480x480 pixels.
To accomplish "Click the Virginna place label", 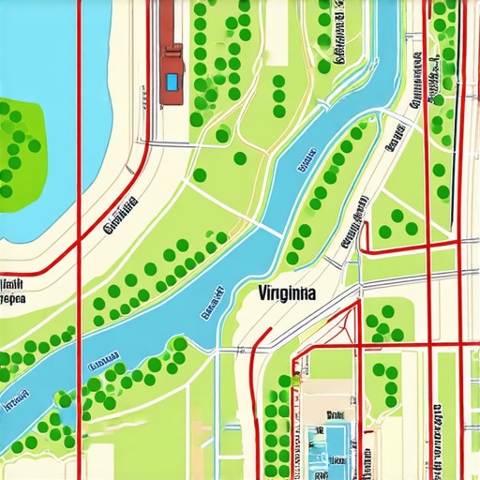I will tap(286, 293).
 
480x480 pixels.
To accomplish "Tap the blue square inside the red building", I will tap(171, 82).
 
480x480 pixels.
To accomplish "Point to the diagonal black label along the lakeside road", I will tap(120, 215).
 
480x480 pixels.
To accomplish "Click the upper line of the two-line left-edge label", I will tap(12, 285).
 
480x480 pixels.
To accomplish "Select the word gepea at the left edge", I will tap(12, 301).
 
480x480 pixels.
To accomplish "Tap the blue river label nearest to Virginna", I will tap(210, 305).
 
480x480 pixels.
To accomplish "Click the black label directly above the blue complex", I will tap(335, 412).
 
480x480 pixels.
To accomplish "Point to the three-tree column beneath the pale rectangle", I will tap(278, 95).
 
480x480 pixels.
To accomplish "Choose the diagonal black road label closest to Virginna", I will tap(354, 225).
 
